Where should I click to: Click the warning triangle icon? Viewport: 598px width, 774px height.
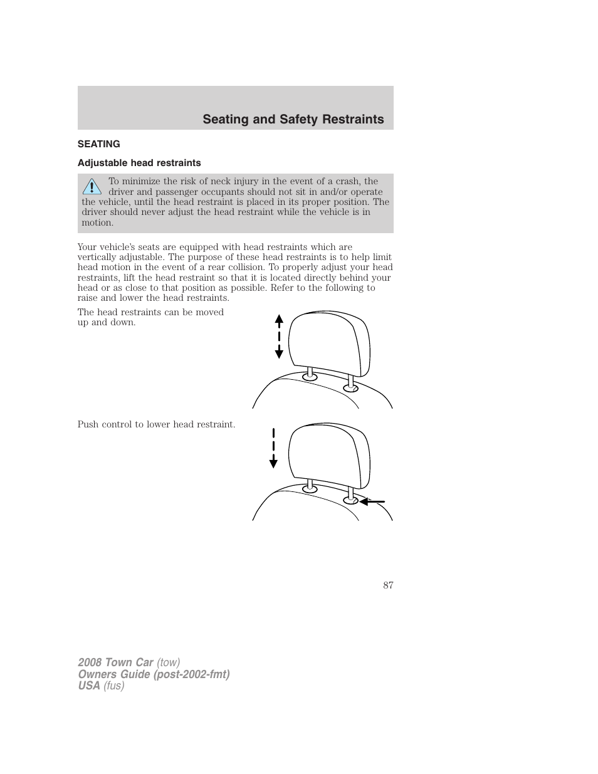[x=92, y=186]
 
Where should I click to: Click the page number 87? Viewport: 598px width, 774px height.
[x=388, y=585]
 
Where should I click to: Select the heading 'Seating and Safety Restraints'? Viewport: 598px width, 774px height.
[x=293, y=119]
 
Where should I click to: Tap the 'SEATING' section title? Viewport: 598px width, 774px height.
[x=99, y=144]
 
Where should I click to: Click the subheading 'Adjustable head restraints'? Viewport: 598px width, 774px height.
[x=139, y=163]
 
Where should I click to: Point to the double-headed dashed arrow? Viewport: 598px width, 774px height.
[x=279, y=337]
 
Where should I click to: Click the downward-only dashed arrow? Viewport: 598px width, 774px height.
[x=273, y=447]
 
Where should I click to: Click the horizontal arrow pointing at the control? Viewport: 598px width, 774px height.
[x=372, y=501]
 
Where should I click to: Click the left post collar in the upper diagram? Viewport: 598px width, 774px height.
[x=310, y=376]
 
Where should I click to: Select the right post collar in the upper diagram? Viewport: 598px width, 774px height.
[x=351, y=388]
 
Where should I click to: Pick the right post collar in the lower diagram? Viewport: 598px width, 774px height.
[x=351, y=500]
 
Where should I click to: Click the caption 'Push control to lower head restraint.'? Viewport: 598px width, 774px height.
[x=156, y=424]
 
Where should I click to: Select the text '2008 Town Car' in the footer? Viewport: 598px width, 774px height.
[x=115, y=662]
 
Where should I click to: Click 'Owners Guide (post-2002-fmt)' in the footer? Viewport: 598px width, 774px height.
[x=154, y=674]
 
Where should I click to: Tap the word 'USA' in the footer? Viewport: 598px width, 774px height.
[x=89, y=686]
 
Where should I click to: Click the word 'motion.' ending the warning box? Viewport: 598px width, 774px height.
[x=98, y=222]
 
